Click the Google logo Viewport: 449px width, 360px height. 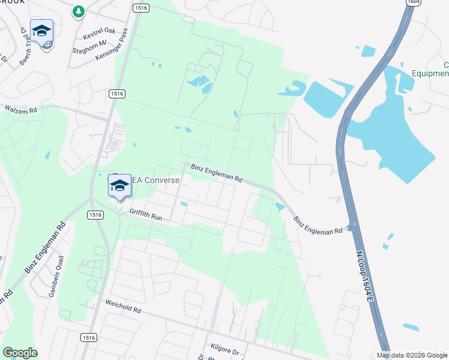20,353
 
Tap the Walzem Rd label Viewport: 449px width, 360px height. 21,110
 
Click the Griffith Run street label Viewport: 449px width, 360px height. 146,215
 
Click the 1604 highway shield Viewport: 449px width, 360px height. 412,3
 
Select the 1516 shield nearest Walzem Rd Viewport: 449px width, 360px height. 116,94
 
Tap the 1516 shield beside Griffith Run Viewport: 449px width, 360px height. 94,215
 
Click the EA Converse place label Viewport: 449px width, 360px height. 155,181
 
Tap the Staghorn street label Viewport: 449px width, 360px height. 89,43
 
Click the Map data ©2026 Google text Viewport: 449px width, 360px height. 412,355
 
